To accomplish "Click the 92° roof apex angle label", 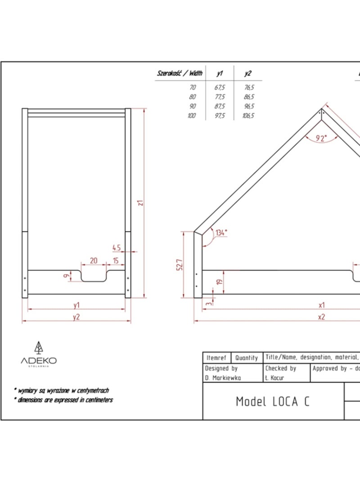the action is [x=321, y=138].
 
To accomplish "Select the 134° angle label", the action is [x=221, y=232].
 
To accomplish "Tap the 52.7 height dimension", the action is [x=180, y=265].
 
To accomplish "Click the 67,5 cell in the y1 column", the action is [x=220, y=87].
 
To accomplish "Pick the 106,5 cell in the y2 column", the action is [x=248, y=116].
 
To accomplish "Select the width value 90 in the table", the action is [x=192, y=106].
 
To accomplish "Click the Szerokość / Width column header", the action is [x=180, y=73].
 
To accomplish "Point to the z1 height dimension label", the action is [x=140, y=203].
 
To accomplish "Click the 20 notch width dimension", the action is [x=94, y=261].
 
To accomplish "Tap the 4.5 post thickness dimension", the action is [x=117, y=248].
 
